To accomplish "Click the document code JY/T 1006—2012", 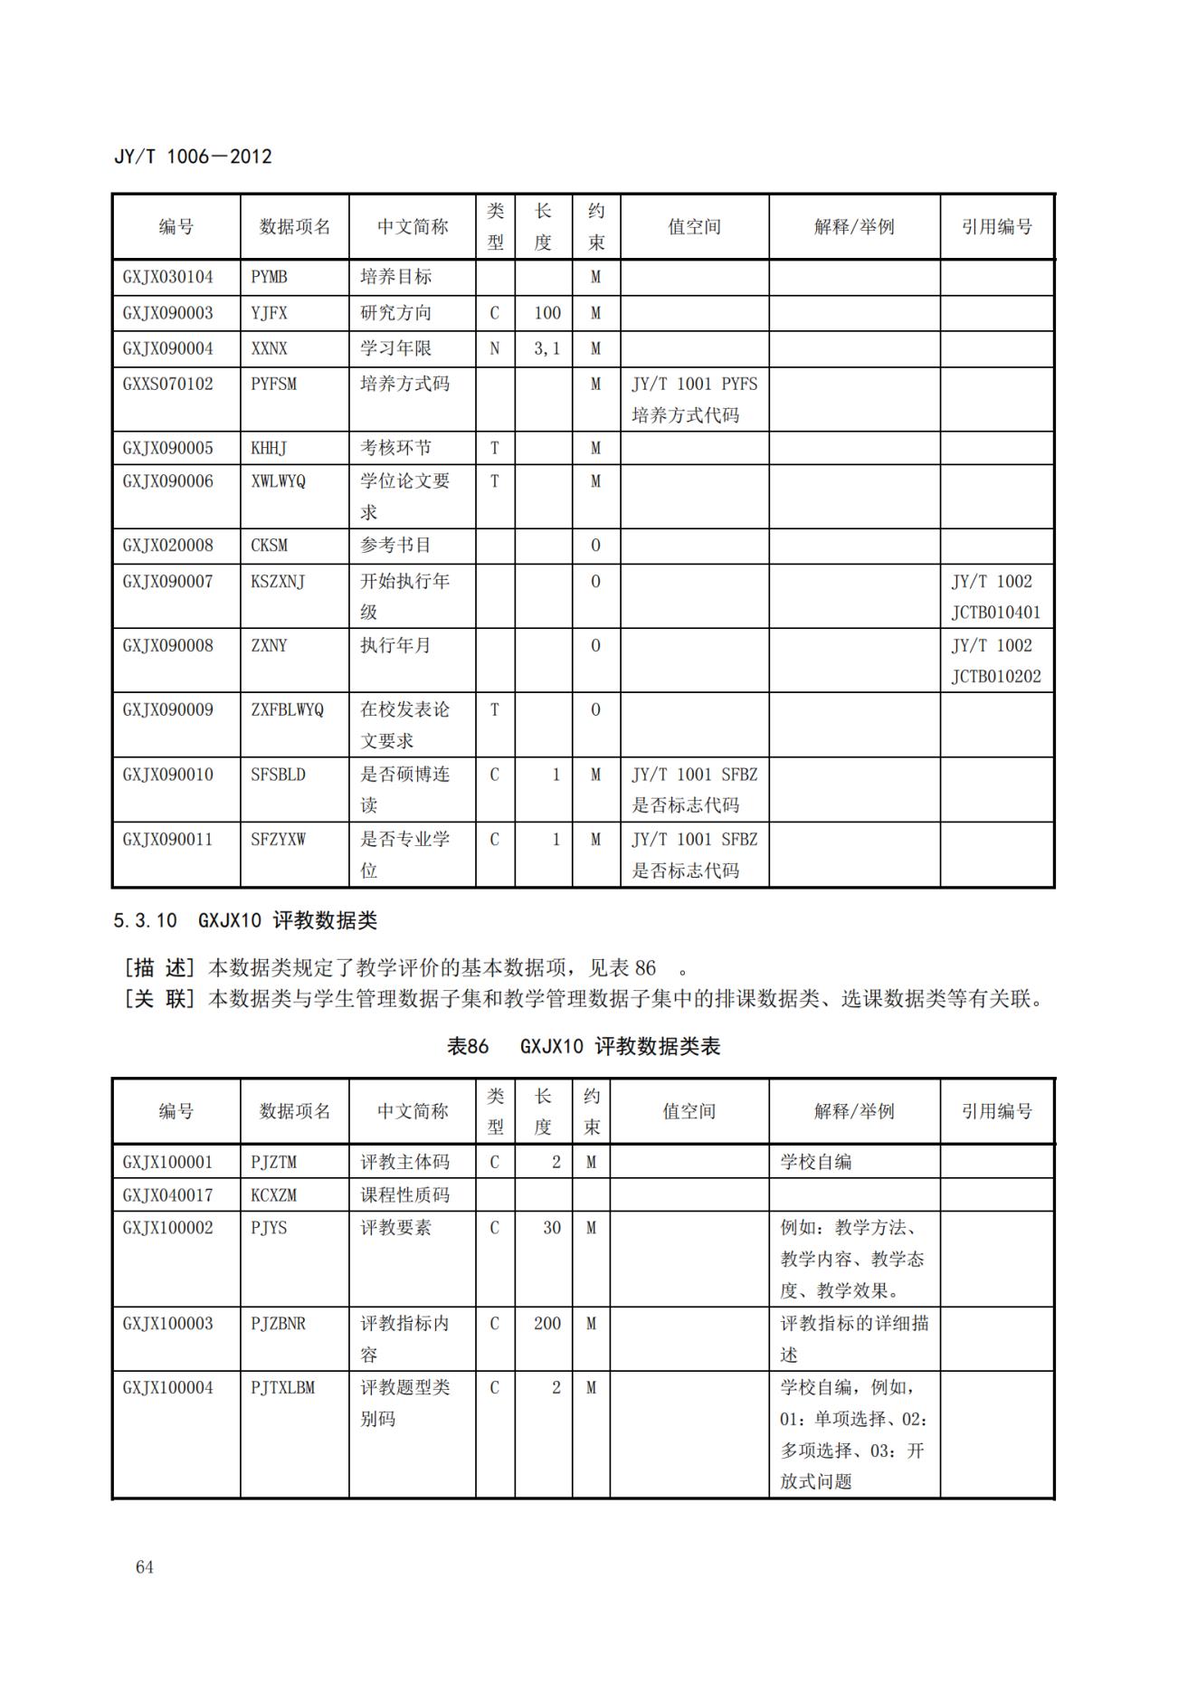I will click(193, 157).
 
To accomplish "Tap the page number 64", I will click(145, 1567).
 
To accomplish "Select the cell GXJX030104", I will click(168, 277).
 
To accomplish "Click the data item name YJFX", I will click(269, 313).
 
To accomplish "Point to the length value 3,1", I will click(546, 348).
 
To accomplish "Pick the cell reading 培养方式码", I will click(404, 384).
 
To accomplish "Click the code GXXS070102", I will click(168, 384).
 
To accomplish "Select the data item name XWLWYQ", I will click(278, 481).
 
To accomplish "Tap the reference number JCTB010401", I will click(995, 613).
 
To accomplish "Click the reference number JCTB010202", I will click(995, 677).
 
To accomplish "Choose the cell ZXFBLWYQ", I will click(287, 709).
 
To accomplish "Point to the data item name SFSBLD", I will click(278, 775).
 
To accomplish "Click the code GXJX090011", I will click(168, 840).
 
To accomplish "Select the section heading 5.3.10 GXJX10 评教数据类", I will click(244, 921).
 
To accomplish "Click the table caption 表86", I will click(468, 1047).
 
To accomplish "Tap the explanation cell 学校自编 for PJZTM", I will click(815, 1162).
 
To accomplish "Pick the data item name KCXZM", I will click(273, 1195).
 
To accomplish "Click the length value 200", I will click(546, 1324).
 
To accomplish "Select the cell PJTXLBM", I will click(282, 1388).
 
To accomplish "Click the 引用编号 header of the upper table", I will click(996, 227).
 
